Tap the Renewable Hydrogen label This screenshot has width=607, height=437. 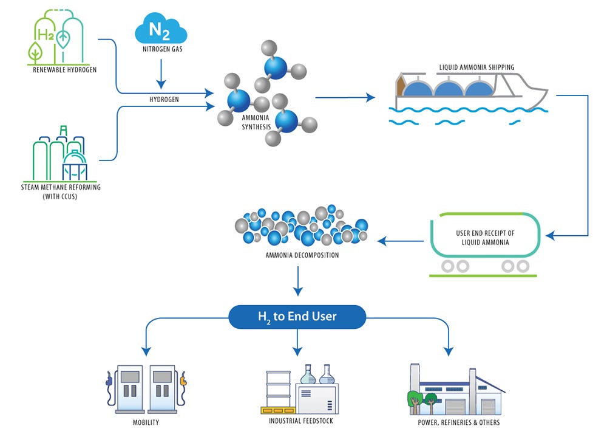(x=65, y=69)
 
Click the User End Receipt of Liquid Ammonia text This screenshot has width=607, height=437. (x=484, y=238)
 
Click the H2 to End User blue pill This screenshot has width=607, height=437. (x=297, y=317)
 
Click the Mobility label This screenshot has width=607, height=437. (x=146, y=422)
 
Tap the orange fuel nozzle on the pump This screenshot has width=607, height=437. (x=183, y=384)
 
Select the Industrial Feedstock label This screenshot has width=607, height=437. (x=301, y=421)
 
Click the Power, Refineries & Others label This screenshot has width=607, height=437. (x=459, y=422)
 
